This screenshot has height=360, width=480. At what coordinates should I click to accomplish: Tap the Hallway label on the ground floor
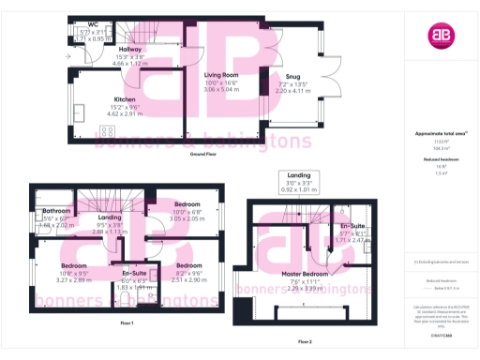click(129, 49)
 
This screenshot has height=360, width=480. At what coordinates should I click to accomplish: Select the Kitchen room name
click(125, 98)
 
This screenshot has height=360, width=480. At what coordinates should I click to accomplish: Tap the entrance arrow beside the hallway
click(67, 56)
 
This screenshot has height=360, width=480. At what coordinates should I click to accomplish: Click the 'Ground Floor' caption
click(203, 153)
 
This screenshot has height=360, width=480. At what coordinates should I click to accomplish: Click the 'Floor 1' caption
click(127, 323)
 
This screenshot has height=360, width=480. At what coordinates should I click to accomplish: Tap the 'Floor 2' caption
click(305, 341)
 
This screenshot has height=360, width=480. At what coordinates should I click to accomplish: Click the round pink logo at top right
click(437, 37)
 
